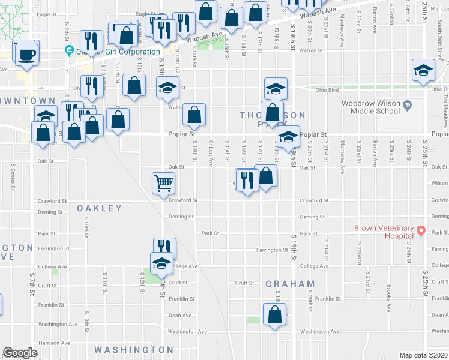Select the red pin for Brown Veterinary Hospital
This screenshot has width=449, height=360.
tap(421, 230)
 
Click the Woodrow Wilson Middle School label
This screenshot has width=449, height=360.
tap(370, 107)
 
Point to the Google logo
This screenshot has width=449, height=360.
tap(20, 353)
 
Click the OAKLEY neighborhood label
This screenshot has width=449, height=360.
tap(99, 208)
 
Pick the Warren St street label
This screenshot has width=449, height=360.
tap(311, 50)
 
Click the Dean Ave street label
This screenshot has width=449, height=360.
tap(180, 315)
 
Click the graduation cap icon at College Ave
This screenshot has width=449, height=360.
tap(161, 262)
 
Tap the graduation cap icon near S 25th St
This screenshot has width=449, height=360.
tap(423, 70)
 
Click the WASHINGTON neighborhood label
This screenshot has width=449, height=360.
tap(133, 349)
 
